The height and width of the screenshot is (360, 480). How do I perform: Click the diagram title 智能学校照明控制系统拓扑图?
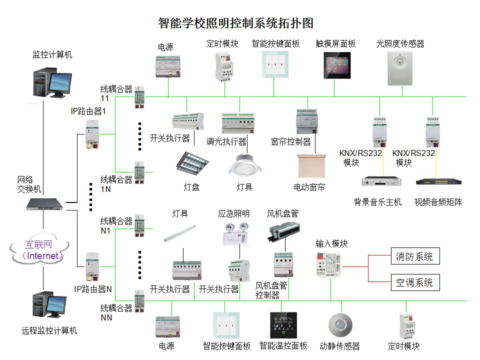pos(235,23)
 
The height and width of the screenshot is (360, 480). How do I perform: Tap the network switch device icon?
pos(45,203)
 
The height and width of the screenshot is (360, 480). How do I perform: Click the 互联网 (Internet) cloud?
pos(39,250)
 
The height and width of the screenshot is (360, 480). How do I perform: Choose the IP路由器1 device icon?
pos(93,134)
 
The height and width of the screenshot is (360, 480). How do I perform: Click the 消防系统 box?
pos(414,256)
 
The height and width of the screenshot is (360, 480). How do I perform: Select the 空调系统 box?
pos(414,282)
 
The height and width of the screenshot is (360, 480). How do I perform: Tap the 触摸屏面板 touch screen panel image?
pos(335,65)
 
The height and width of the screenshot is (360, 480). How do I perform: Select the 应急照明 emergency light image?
pos(234,234)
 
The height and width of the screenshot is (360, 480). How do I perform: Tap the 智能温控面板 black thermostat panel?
pos(283,325)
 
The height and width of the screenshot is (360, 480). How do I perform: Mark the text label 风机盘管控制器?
pos(271,290)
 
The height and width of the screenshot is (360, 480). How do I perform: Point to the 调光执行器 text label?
pos(226,142)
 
